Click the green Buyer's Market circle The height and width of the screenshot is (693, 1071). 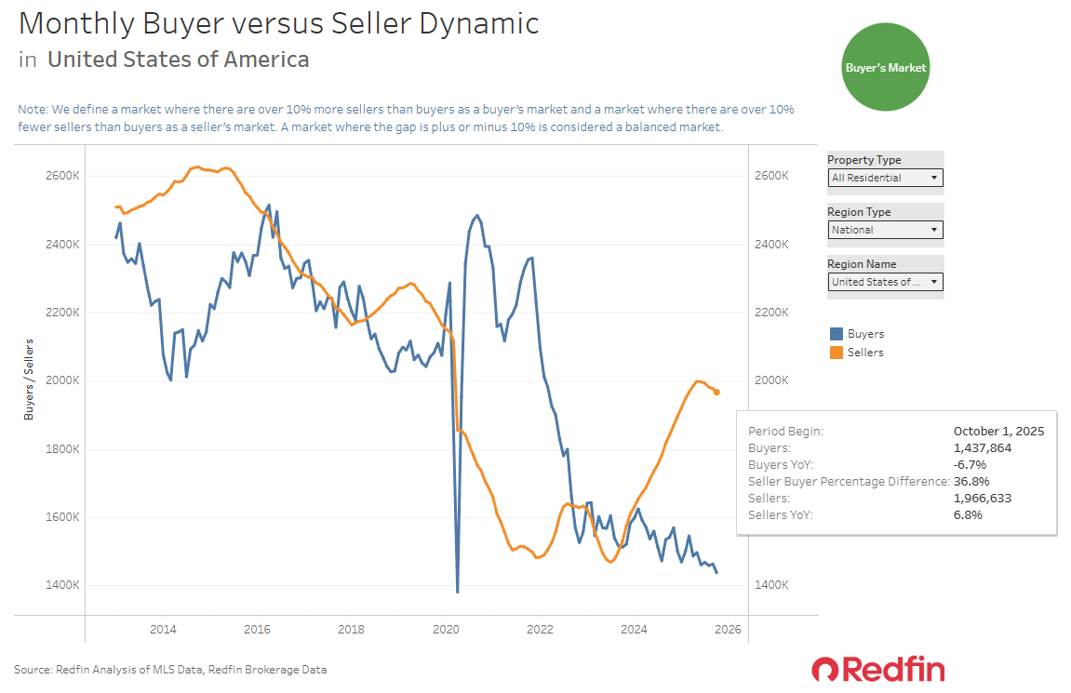885,68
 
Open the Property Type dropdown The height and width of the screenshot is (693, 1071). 885,178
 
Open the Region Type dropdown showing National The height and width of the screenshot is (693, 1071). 885,230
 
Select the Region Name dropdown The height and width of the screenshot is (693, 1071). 885,282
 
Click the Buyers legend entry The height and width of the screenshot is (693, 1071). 857,334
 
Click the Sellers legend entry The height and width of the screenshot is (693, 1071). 857,353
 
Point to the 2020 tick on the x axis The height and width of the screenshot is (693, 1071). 446,630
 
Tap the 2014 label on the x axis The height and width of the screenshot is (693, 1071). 163,630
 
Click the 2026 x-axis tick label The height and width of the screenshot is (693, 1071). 728,630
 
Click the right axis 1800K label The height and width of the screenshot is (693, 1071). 772,449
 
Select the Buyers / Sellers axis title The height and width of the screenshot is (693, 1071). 28,380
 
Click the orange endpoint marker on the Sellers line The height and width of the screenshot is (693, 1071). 716,392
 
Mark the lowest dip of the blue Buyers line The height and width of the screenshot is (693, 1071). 458,592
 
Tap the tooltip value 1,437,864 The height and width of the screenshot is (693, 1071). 982,447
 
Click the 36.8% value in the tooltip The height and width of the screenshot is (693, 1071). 971,481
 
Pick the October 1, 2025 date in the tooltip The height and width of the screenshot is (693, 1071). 998,431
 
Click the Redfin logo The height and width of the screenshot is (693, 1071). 877,669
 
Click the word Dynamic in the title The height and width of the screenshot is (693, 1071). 484,23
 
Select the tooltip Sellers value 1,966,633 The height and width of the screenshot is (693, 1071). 982,498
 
